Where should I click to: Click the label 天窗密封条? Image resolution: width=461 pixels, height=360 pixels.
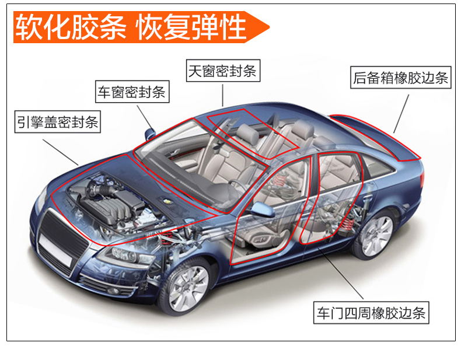[x=222, y=72]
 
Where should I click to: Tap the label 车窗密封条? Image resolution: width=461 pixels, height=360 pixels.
[x=132, y=92]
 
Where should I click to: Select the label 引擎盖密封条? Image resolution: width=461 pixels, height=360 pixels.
[x=58, y=123]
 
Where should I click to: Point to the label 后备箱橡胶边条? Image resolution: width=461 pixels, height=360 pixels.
[x=400, y=78]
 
